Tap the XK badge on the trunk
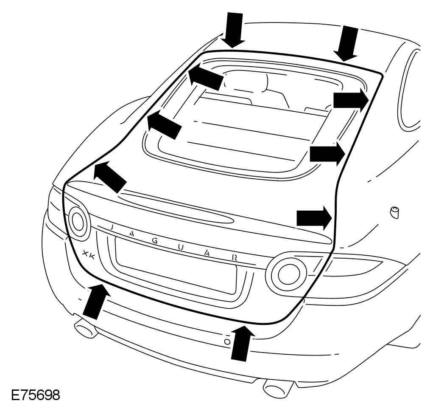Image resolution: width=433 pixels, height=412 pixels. [x=89, y=254]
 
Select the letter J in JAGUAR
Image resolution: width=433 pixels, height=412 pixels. [x=112, y=227]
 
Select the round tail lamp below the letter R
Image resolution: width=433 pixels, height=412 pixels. [x=287, y=272]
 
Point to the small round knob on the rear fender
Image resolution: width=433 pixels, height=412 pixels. [x=394, y=212]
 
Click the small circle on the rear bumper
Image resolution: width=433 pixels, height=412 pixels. [x=227, y=341]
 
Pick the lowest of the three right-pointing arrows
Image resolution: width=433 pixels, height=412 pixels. [x=314, y=218]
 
